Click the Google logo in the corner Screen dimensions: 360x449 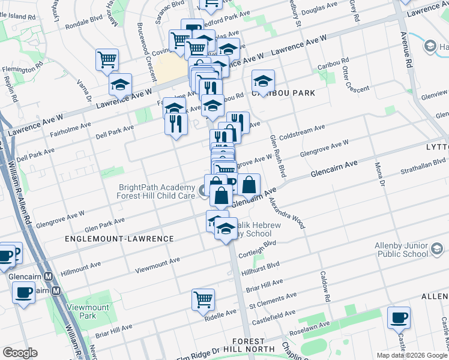click(x=20, y=353)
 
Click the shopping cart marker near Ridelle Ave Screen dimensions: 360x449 click(x=203, y=299)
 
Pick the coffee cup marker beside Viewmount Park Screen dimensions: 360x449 click(x=23, y=293)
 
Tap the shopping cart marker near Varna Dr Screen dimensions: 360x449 click(x=107, y=59)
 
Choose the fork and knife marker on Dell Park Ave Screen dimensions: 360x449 click(x=175, y=124)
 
